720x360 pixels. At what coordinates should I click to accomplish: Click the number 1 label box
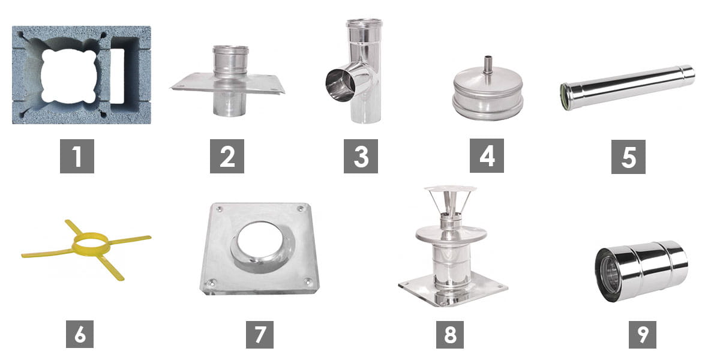coord(77,156)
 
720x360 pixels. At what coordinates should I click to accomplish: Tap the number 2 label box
coord(227,156)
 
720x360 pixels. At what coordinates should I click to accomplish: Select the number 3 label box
coord(361,156)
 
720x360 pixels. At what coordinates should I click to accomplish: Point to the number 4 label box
coord(487,155)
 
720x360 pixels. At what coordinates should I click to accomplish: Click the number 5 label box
coord(628,157)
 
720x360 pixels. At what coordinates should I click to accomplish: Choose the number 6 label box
coord(80,334)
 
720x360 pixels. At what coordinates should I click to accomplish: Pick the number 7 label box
coord(260,335)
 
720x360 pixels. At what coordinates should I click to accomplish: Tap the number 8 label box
coord(450,335)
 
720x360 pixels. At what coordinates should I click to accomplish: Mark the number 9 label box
coord(643,335)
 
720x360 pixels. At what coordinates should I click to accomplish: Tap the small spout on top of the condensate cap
coord(488,65)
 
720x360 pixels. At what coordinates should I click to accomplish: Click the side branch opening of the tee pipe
coord(340,85)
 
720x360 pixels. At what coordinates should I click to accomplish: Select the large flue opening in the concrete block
coord(69,76)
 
